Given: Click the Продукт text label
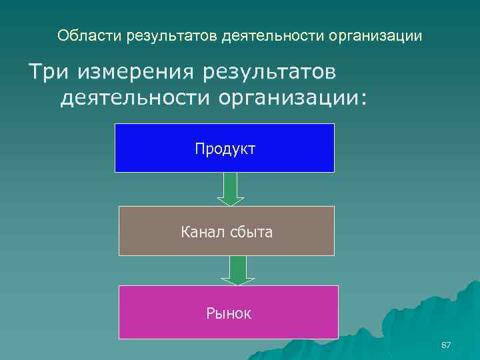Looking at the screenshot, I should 225,148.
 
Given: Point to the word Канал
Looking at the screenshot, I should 199,233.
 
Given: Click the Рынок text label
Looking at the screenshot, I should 229,313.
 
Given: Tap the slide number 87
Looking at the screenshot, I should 447,345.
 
